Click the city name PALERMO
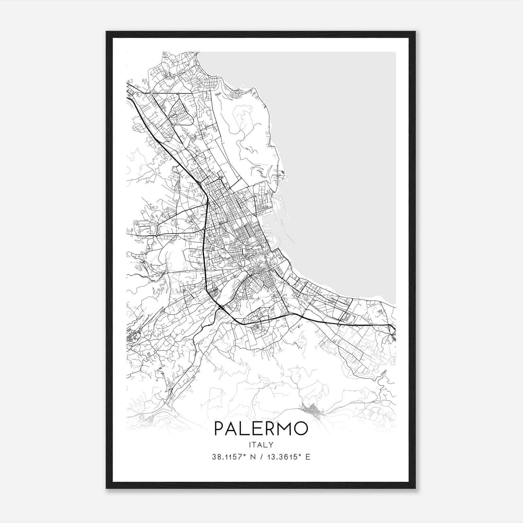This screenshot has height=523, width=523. [x=261, y=429]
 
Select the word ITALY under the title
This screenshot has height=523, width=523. [x=261, y=445]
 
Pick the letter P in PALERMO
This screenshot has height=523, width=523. [x=218, y=429]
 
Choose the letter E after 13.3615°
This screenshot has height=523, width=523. [x=308, y=457]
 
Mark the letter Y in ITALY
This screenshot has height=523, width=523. [x=271, y=445]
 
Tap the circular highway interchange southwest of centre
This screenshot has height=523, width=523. [x=221, y=307]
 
